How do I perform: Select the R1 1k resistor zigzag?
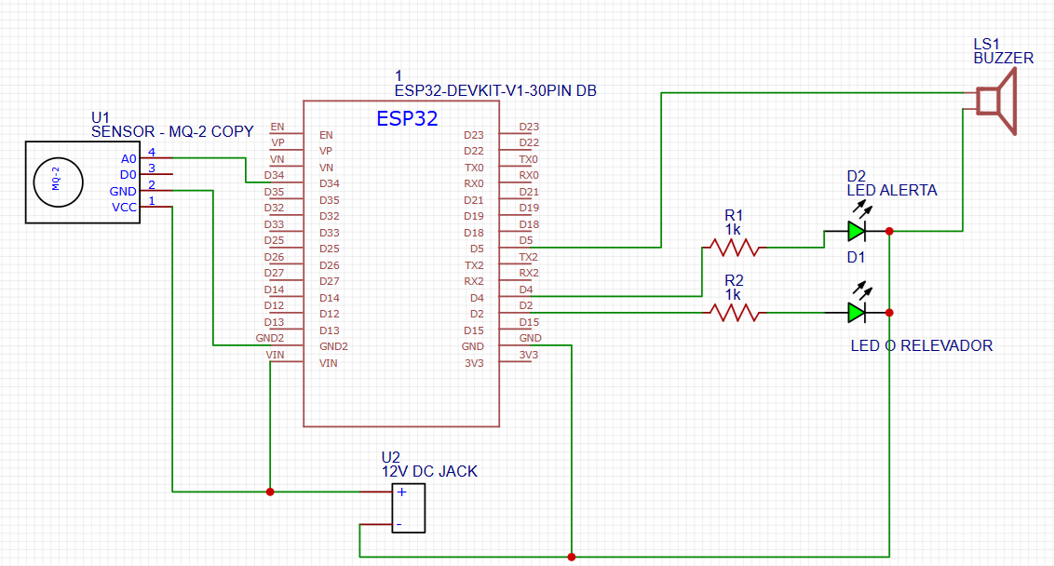coord(732,248)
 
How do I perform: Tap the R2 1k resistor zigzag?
coord(732,313)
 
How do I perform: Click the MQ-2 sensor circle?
coord(56,181)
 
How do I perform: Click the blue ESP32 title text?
coord(407,119)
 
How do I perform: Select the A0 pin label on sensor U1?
coord(128,159)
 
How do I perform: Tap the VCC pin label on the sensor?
coord(125,208)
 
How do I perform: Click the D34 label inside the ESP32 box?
coord(330,183)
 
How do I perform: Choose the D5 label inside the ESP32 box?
coord(476,249)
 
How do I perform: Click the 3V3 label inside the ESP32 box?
coord(474,363)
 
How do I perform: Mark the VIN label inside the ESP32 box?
coord(328,363)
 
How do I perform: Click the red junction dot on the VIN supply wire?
coord(270,492)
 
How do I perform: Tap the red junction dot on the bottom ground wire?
coord(571,557)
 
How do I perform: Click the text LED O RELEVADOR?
coord(922,345)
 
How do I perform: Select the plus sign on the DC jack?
coord(401,493)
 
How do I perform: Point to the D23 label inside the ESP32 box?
coord(474,135)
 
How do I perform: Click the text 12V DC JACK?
coord(429,471)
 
